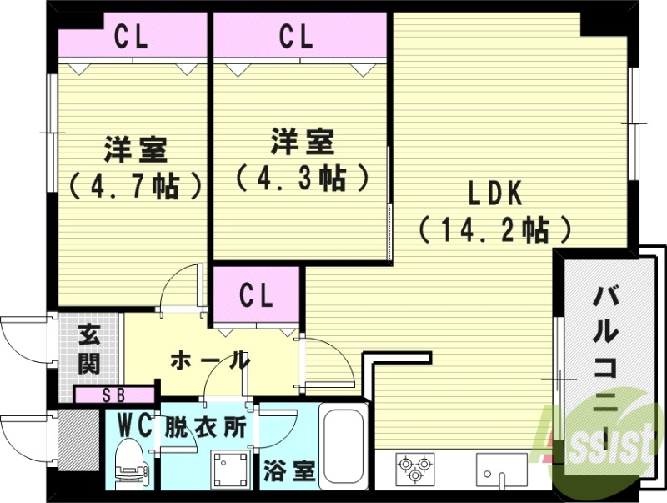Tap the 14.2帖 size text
point(494,228)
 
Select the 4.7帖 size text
point(136,184)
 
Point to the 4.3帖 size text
point(302,177)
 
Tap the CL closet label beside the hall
point(256,296)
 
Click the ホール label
point(209,360)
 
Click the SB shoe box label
point(116,395)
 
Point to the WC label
point(133,426)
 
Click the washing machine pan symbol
point(227,470)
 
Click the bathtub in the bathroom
point(344,451)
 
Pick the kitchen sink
point(500,470)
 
